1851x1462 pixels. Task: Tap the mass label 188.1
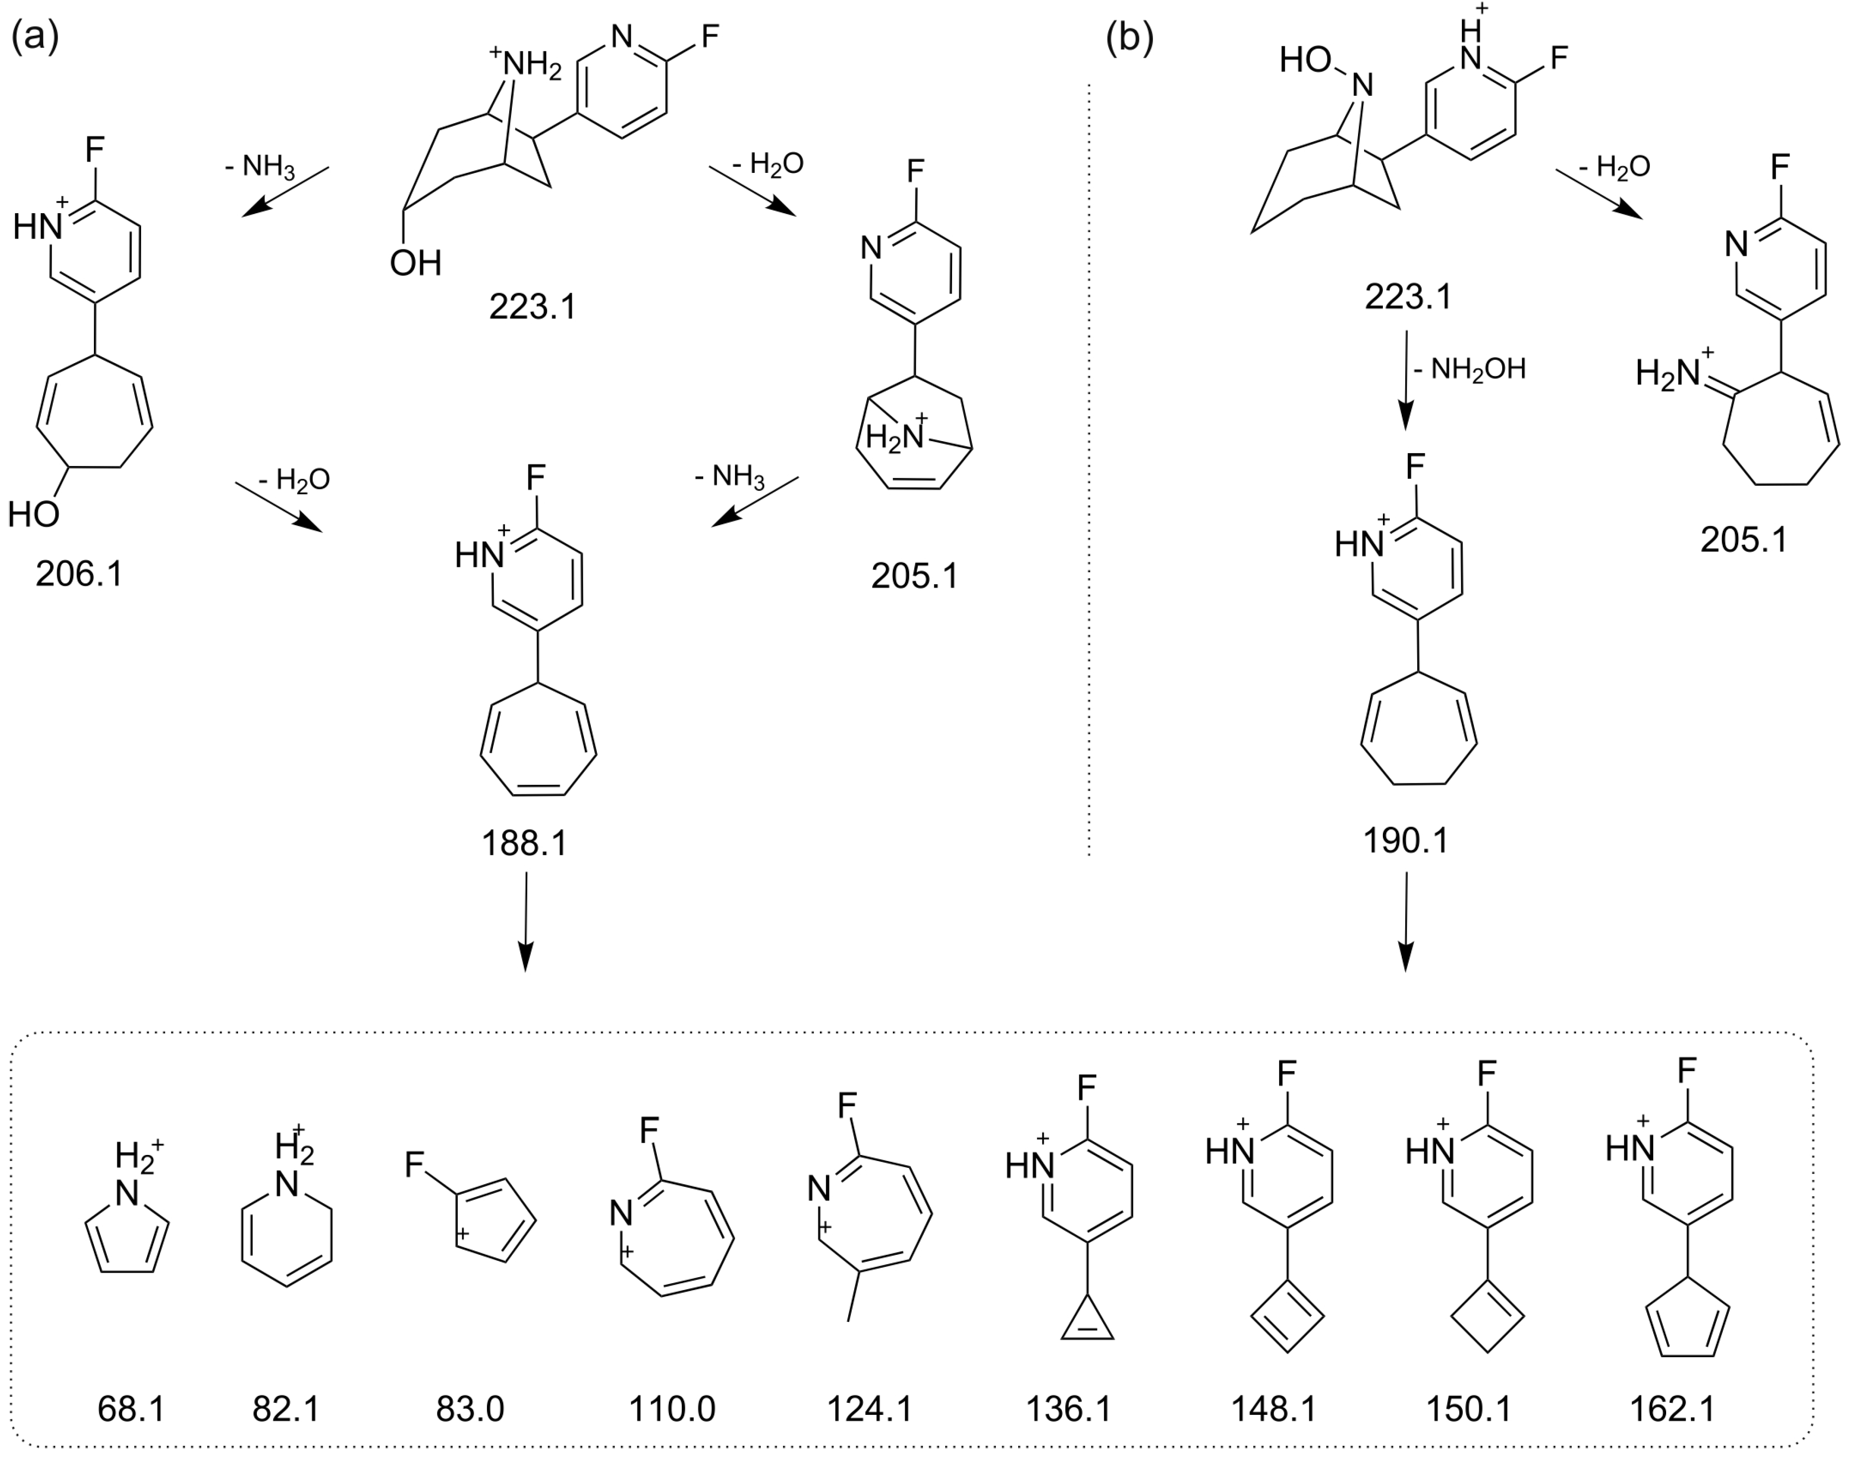click(x=524, y=844)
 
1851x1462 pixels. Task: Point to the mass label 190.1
click(x=1406, y=841)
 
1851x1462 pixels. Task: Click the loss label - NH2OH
click(x=1470, y=369)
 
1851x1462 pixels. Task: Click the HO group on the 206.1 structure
click(x=34, y=515)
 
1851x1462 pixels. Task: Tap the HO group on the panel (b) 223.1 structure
click(x=1305, y=60)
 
